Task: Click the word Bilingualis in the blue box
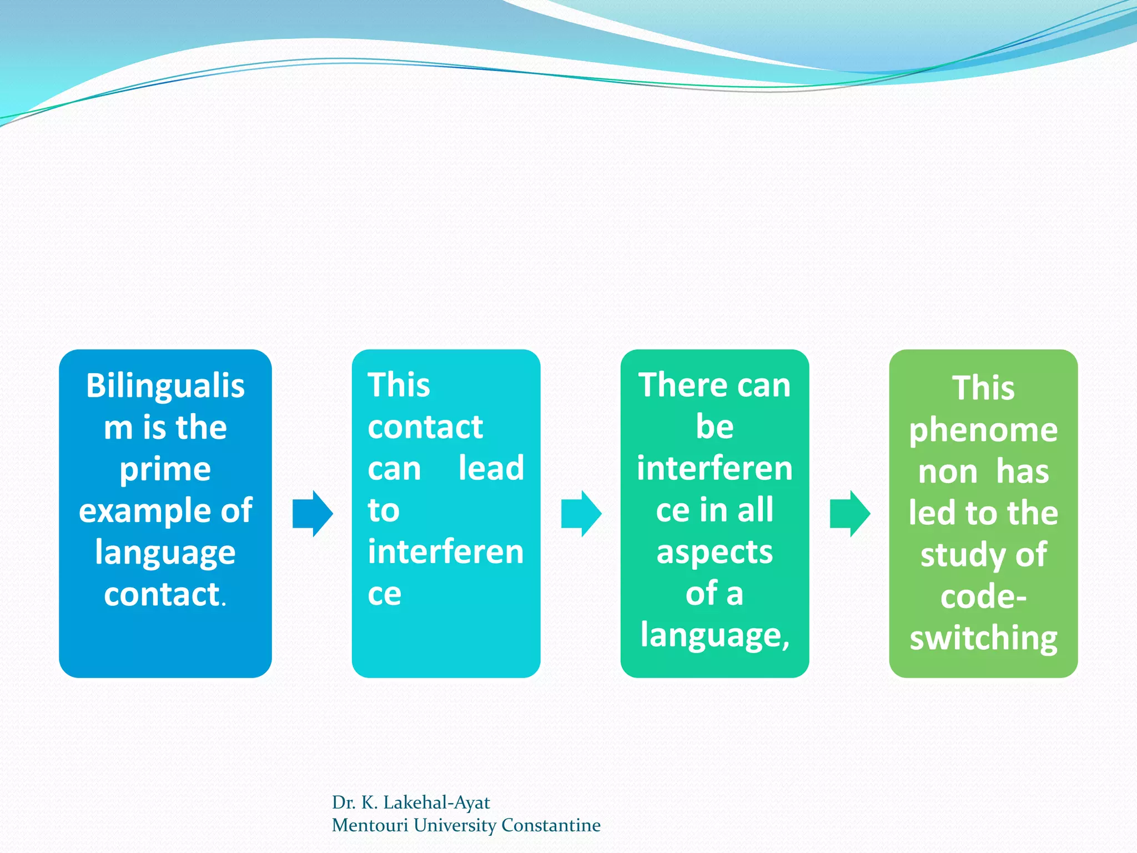tap(165, 386)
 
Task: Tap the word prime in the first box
tap(165, 470)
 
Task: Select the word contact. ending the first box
tap(165, 595)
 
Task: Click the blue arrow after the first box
tap(312, 514)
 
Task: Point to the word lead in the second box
tap(491, 468)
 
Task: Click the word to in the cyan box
tap(384, 510)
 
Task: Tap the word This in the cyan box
tap(399, 385)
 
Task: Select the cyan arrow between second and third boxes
tap(581, 514)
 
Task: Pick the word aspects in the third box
tap(715, 552)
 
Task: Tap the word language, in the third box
tap(715, 635)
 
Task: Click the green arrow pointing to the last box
tap(849, 514)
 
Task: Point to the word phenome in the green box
tap(983, 430)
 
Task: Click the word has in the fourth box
tap(1022, 472)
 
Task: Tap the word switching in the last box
tap(983, 639)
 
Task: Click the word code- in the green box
tap(983, 597)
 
